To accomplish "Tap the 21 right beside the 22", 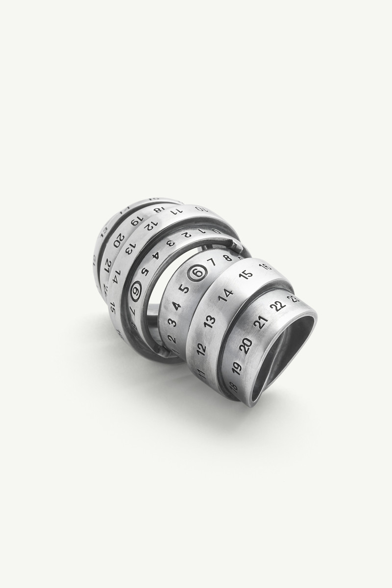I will click(x=261, y=322).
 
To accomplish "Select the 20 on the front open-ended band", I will click(x=247, y=345).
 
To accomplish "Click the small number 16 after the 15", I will click(x=265, y=267).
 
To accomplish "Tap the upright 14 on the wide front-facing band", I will click(x=225, y=295).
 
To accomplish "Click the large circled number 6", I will click(x=197, y=273).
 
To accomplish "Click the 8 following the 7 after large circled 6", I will click(x=227, y=257).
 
